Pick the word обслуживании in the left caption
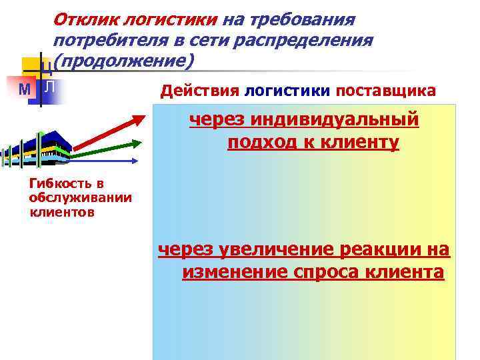point(80,198)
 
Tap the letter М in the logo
point(23,89)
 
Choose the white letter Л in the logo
point(50,87)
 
